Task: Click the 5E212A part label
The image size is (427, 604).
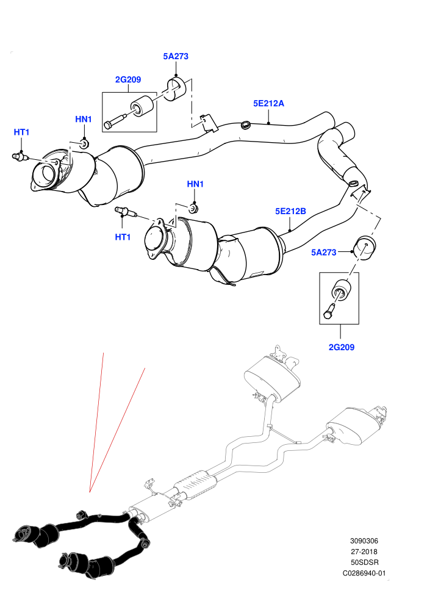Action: pos(268,103)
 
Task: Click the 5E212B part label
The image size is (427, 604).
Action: pos(290,211)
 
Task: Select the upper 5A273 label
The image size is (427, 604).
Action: pos(176,56)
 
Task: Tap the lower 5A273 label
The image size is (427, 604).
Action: pos(324,253)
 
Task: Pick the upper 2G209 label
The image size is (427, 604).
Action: pos(128,80)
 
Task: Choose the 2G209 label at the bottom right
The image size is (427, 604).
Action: pos(342,347)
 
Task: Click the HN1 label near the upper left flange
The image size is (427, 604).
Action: pos(84,120)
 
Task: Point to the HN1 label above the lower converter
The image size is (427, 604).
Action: pos(195,184)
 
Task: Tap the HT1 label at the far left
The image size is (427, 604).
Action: pos(21,132)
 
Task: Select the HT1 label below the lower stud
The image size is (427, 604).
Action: pos(123,237)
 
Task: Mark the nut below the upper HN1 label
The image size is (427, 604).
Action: pos(84,144)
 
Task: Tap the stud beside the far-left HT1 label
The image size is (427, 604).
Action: pos(20,156)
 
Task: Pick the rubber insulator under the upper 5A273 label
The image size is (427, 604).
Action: pos(176,89)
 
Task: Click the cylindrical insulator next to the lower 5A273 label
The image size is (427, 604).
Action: pos(365,248)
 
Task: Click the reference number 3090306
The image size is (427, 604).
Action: pos(364,541)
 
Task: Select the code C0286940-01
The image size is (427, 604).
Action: pos(364,573)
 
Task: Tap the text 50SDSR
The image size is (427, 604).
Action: pos(364,563)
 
